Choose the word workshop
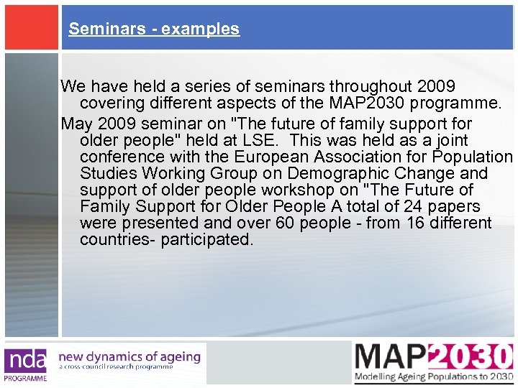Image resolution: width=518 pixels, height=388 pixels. (x=278, y=190)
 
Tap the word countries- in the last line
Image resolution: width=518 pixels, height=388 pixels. (x=118, y=239)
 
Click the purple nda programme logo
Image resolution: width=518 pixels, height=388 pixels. (x=26, y=364)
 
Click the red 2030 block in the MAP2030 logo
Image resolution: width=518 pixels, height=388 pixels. (x=471, y=356)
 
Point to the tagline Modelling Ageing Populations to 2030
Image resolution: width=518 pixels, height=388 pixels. (x=434, y=377)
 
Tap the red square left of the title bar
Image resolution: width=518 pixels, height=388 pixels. (x=29, y=27)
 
